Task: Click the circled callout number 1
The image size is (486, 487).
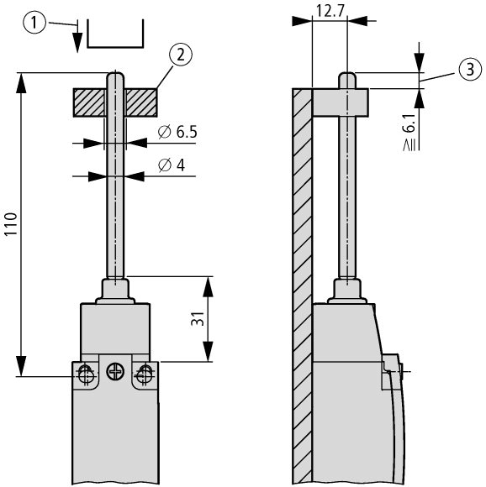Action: point(34,23)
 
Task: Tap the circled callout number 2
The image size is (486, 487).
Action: point(181,55)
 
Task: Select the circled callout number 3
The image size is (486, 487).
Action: point(470,69)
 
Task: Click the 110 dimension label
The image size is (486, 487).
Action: point(11,224)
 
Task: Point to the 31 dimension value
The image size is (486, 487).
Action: point(198,319)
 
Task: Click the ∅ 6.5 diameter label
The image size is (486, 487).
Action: point(177,132)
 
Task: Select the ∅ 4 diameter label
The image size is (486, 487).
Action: point(172,165)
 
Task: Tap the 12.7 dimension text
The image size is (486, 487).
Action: point(330,12)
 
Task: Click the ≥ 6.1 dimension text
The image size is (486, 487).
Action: point(410,133)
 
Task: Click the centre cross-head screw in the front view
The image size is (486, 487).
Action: point(115,372)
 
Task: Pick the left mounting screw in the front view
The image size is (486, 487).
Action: point(85,374)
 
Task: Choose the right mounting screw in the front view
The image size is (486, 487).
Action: point(145,374)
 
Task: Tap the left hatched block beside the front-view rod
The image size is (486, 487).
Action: point(90,102)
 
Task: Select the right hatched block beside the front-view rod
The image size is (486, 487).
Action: point(141,102)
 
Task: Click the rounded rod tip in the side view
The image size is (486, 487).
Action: point(347,76)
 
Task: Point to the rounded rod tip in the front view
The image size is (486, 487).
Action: point(115,76)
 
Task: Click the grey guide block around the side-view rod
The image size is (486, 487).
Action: point(341,102)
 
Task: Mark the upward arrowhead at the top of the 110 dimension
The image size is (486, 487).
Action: point(21,83)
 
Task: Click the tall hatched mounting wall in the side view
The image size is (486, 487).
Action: point(302,286)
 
